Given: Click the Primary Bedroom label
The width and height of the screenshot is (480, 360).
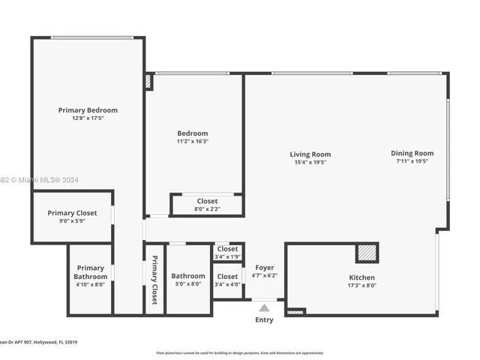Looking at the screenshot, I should point(88,110).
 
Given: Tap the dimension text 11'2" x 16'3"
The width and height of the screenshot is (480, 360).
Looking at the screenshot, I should point(193,141).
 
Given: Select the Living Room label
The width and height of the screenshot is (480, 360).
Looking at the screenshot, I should point(310,154).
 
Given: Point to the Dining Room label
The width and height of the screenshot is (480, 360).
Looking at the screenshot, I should point(412,154).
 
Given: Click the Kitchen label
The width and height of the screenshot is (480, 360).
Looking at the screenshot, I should point(361,277).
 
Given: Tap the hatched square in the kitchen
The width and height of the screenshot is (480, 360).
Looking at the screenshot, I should point(367,253).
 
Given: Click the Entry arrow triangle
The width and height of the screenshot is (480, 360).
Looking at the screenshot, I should point(264,307).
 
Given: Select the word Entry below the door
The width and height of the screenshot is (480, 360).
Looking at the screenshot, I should point(264,320).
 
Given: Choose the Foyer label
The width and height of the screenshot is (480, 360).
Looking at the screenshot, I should point(265,268).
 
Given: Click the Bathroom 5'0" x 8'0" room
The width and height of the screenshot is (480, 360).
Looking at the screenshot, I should point(187,279).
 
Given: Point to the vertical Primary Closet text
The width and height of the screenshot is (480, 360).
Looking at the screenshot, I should point(154,279).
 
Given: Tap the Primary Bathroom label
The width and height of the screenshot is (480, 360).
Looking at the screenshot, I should point(90,272).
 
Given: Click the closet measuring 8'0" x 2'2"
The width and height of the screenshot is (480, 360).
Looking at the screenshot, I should point(207,205).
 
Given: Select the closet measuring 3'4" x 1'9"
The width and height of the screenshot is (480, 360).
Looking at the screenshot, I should point(227,252).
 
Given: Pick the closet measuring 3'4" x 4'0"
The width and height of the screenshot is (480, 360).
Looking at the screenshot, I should point(227,280).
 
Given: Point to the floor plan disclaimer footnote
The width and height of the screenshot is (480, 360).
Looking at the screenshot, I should point(239,352).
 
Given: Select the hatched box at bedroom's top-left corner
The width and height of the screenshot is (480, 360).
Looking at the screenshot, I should point(148,82).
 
